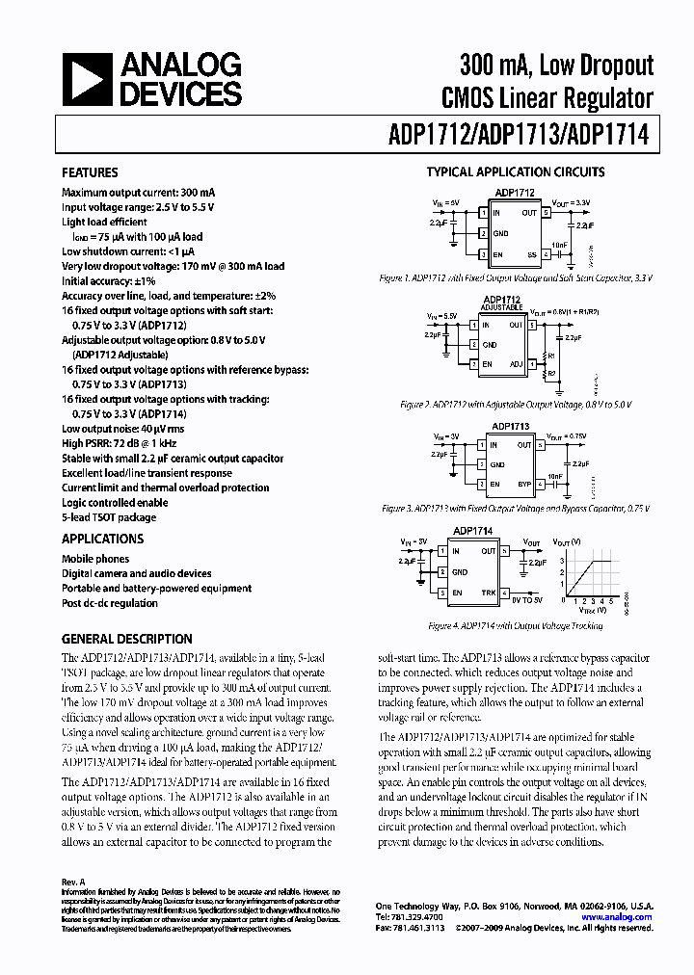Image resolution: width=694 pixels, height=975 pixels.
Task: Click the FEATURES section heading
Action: coord(90,173)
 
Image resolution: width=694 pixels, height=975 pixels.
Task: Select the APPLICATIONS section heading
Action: coord(102,540)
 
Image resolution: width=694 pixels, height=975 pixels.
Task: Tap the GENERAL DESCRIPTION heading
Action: coord(126,639)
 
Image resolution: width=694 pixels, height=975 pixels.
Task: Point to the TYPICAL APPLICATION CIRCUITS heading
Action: coord(516,172)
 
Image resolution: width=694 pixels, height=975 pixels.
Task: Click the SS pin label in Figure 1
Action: coord(529,254)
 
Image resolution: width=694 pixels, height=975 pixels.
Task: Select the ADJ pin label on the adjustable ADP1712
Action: coord(516,364)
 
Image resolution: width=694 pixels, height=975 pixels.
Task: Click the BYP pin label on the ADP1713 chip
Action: coord(524,484)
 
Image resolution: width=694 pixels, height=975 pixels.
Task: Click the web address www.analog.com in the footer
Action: coord(617,917)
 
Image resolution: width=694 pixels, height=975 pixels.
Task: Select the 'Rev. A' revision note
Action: coord(74,882)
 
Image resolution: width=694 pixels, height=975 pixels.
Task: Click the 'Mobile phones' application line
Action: coord(95,559)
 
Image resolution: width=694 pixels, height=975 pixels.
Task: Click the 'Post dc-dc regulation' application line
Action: coord(110,603)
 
